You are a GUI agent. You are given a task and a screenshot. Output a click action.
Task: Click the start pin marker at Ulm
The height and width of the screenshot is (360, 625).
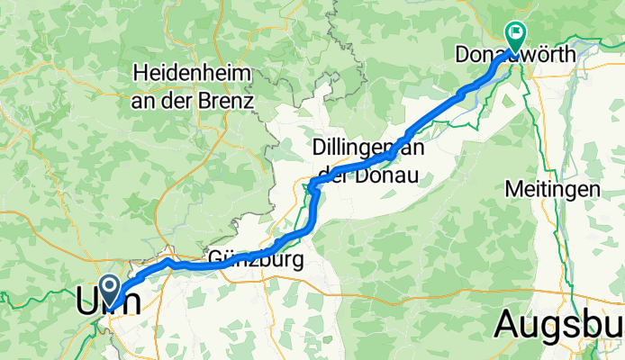pyautogui.click(x=111, y=289)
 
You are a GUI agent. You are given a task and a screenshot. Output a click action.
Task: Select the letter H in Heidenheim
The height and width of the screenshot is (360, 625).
pyautogui.click(x=140, y=71)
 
